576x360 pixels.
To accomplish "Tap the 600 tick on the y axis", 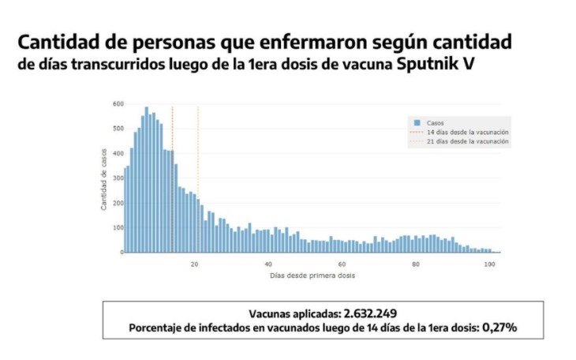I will [x=118, y=104].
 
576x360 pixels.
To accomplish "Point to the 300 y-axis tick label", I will [x=118, y=178].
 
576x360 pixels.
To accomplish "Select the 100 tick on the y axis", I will [x=118, y=228].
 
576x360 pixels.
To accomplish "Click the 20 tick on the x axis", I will [x=194, y=264].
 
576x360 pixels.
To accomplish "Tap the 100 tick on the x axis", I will [x=489, y=264].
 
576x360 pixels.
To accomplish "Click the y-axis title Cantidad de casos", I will [x=104, y=178].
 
